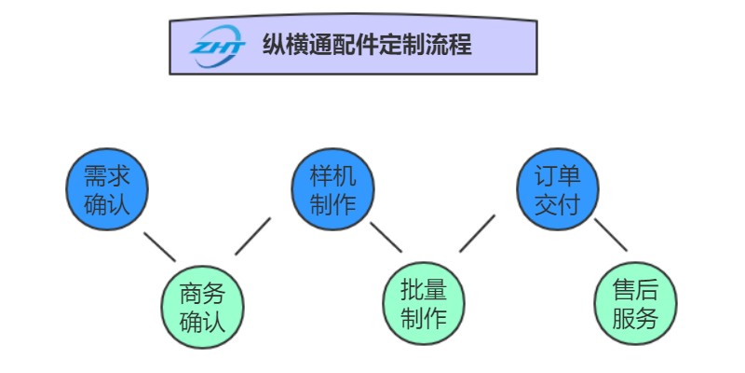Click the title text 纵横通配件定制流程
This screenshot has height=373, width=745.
(x=367, y=44)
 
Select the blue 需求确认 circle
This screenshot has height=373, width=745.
(x=107, y=190)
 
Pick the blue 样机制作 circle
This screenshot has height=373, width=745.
(x=332, y=190)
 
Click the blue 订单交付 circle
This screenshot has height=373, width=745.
(x=558, y=190)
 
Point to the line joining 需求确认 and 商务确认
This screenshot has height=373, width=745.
(x=159, y=246)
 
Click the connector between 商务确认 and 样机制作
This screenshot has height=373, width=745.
(x=252, y=236)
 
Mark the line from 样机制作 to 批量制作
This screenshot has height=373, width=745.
(x=386, y=236)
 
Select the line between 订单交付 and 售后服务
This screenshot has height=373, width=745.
(x=610, y=234)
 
